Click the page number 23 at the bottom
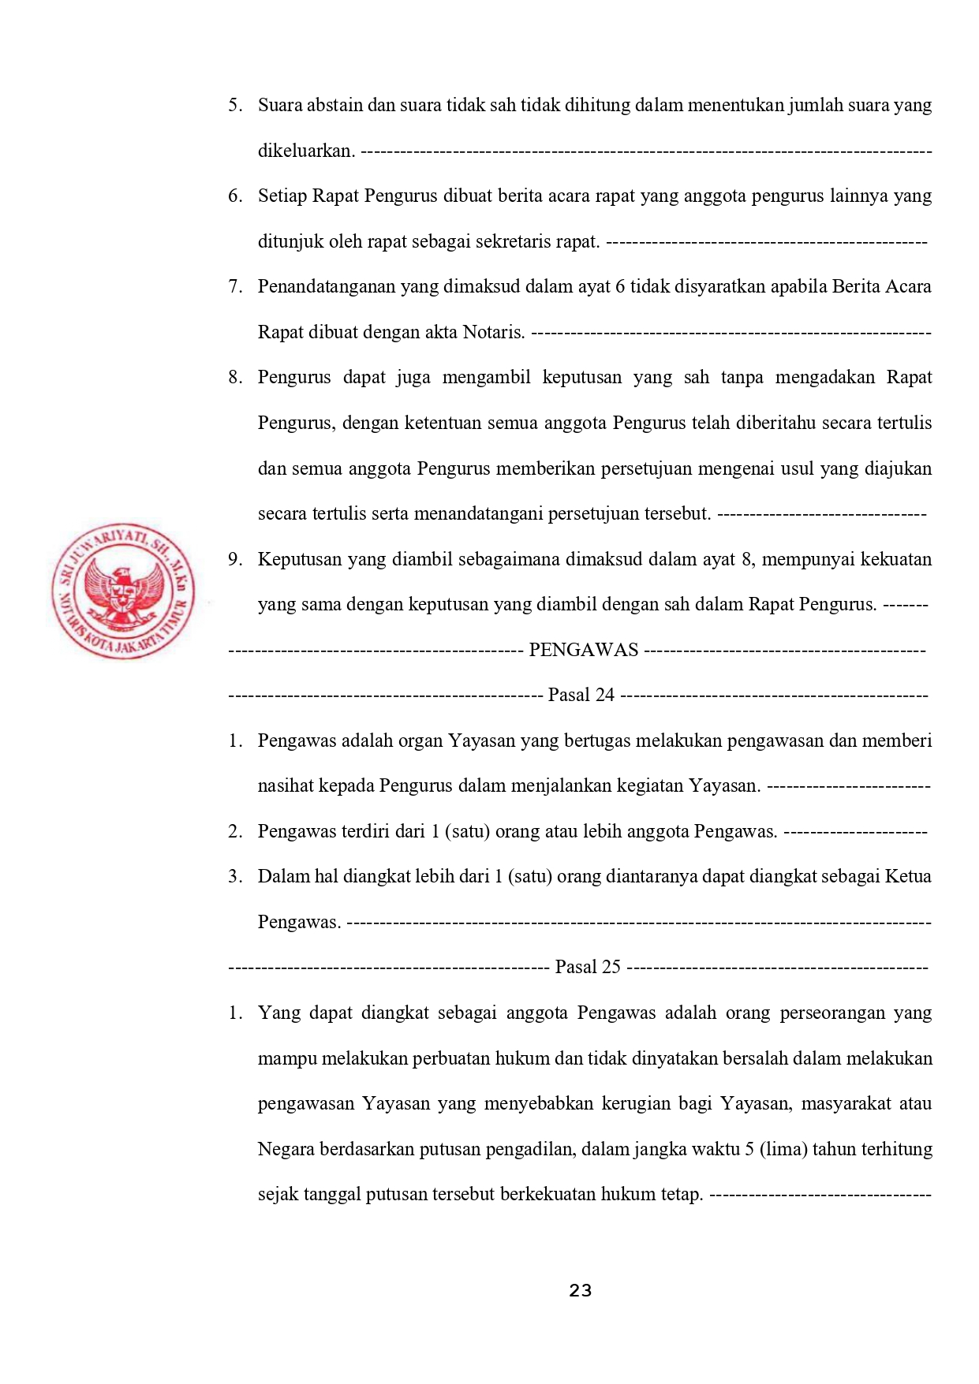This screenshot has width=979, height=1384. [x=580, y=1290]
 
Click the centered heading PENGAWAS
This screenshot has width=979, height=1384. [x=583, y=650]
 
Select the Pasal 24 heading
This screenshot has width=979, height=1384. [x=581, y=695]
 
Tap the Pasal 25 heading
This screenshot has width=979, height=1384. [x=588, y=967]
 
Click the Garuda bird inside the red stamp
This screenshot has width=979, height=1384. [x=123, y=592]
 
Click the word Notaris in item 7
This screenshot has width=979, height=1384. [x=493, y=332]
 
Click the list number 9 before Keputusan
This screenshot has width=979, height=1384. [x=234, y=559]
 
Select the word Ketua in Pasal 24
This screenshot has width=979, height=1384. [x=908, y=876]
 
